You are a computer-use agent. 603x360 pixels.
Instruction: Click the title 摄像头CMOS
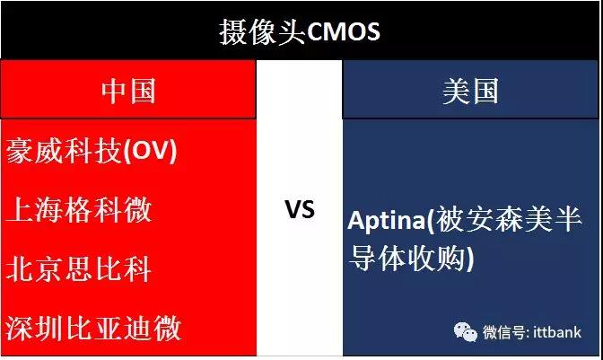point(300,32)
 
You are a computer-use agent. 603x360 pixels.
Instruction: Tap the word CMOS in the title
point(344,32)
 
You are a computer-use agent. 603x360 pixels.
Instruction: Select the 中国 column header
point(128,91)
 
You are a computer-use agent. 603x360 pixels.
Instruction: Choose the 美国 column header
point(470,91)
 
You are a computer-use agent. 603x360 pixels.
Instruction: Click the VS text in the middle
point(300,209)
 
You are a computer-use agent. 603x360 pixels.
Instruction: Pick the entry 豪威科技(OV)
point(92,151)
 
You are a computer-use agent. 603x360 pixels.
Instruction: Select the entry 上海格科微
point(79,209)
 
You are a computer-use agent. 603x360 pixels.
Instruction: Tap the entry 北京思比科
point(78,268)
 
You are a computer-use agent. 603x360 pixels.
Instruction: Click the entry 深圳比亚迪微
point(93,328)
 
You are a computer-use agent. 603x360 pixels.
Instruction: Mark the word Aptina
point(386,221)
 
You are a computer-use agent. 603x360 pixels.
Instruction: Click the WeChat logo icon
point(466,331)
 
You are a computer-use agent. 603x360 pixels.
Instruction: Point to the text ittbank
point(557,332)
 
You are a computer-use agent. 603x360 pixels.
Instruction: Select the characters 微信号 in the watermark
point(503,332)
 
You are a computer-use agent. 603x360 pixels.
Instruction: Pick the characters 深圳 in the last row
point(34,328)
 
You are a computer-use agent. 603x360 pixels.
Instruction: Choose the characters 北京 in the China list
point(34,268)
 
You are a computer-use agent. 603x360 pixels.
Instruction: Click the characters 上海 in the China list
point(34,209)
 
